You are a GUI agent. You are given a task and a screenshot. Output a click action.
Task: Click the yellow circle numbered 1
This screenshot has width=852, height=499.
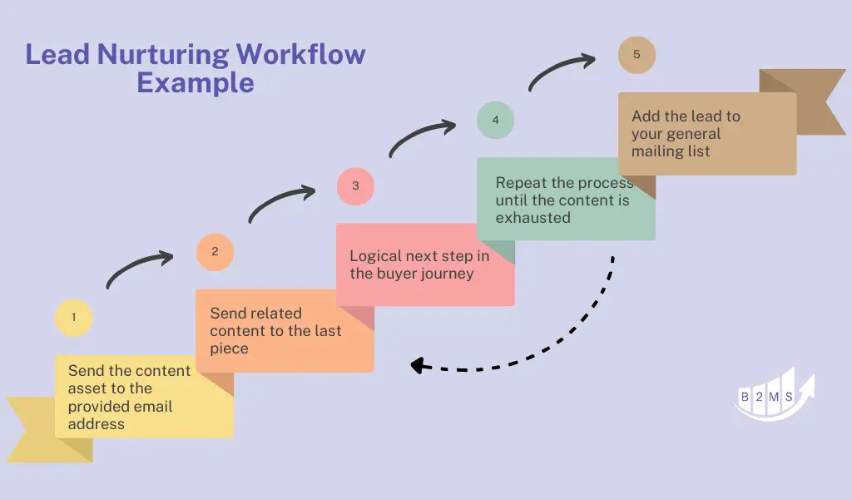pos(74,318)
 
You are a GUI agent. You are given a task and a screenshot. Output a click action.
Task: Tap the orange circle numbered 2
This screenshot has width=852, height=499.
pos(215,252)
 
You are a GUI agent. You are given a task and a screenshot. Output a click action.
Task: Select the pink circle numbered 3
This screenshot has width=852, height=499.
pos(355,186)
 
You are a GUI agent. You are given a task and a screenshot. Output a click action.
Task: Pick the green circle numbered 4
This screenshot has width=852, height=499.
pos(495,121)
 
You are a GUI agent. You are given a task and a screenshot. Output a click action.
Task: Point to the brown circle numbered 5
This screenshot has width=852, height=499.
pos(637,56)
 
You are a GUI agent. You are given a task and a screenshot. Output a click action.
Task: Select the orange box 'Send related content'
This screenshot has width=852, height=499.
pos(284,331)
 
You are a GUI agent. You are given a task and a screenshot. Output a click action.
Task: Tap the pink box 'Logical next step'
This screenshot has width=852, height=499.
pos(424,264)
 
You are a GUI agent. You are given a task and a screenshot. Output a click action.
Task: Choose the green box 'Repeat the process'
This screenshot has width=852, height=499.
pos(566,200)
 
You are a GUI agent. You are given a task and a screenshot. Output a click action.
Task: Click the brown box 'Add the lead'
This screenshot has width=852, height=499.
pos(706,133)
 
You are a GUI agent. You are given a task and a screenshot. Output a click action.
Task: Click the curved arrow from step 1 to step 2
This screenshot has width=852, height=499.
pos(137,267)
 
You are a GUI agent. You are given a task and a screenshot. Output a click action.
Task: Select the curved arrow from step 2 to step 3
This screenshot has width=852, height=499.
pos(279,201)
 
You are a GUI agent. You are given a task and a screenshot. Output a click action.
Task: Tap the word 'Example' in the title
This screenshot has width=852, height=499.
pos(196,83)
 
